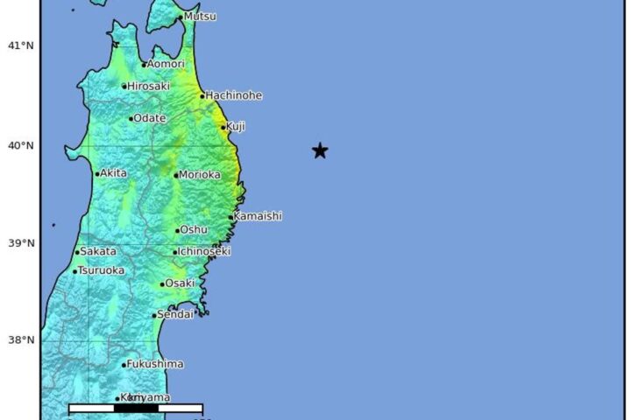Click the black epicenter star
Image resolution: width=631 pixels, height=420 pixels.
tap(320, 150)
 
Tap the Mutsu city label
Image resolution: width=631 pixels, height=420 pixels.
tap(200, 17)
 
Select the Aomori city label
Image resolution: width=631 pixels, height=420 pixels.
tap(166, 64)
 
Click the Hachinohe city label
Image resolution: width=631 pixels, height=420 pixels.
tap(233, 95)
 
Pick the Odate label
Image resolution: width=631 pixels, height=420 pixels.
tap(149, 118)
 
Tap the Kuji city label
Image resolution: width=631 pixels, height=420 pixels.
tap(236, 127)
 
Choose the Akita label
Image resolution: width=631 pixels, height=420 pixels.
tap(114, 173)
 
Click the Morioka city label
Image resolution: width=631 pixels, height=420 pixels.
tap(200, 175)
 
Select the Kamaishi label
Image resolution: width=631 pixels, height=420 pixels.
tap(258, 216)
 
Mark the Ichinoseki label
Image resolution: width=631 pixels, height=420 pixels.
tap(204, 251)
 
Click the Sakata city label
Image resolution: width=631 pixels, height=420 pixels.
tap(97, 251)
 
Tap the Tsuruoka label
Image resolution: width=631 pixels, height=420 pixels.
tap(101, 270)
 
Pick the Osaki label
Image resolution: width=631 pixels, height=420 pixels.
tap(179, 283)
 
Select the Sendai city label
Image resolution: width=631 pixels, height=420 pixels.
tap(176, 314)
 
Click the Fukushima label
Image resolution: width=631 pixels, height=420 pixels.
tap(155, 364)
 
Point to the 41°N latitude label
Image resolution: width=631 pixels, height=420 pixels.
tap(21, 45)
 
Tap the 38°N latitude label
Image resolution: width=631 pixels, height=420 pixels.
tap(21, 340)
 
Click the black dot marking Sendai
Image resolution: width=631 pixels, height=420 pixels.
tap(155, 316)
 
